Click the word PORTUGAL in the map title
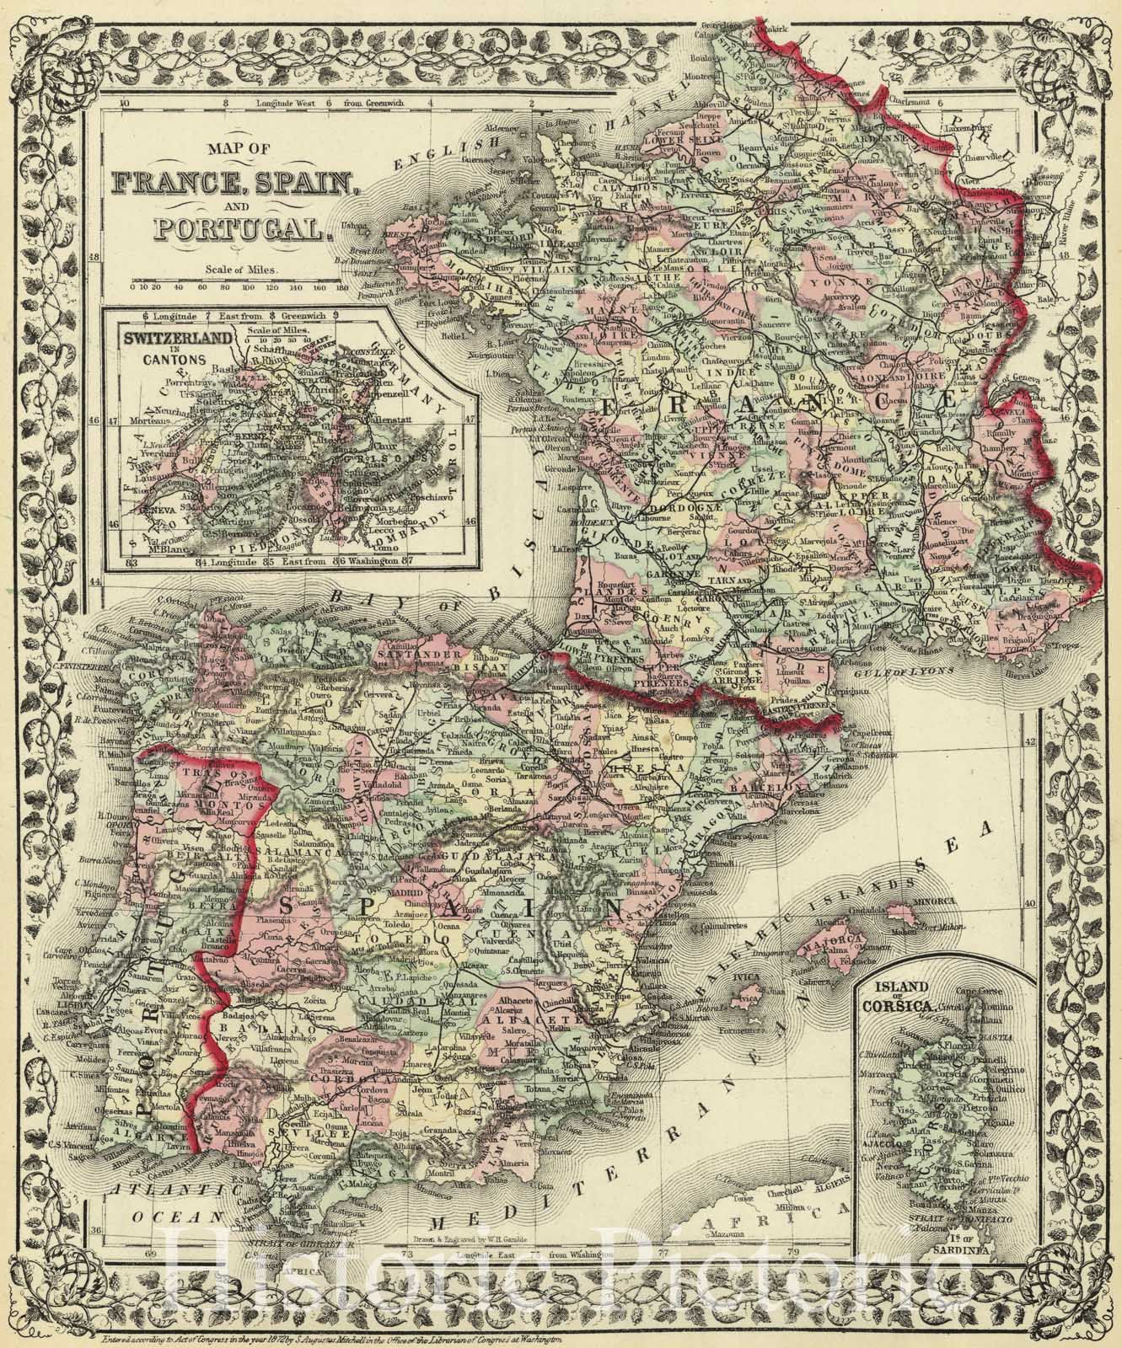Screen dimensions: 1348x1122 228,227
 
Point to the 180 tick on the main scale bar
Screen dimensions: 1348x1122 341,287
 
